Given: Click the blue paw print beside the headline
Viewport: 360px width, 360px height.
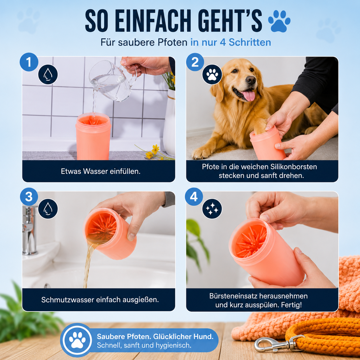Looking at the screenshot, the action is [279, 21].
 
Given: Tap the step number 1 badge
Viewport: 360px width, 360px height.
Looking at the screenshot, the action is [29, 62].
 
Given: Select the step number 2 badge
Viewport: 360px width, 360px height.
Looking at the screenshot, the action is [195, 62].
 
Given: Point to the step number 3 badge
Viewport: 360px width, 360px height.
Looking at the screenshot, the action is [29, 197].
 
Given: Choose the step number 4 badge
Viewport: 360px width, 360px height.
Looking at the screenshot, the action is [194, 197].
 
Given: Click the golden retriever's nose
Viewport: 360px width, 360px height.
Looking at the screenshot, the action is [251, 80].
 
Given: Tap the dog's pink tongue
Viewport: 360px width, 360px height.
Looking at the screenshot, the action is [249, 96].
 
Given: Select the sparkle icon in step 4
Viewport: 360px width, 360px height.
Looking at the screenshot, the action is [212, 209].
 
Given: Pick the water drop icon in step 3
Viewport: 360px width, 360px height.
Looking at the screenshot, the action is [48, 208].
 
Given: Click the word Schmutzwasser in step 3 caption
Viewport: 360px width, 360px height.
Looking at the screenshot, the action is [67, 300].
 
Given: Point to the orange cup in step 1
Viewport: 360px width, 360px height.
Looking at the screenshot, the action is [93, 137].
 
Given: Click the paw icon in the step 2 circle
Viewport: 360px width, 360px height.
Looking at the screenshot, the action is [212, 74].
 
